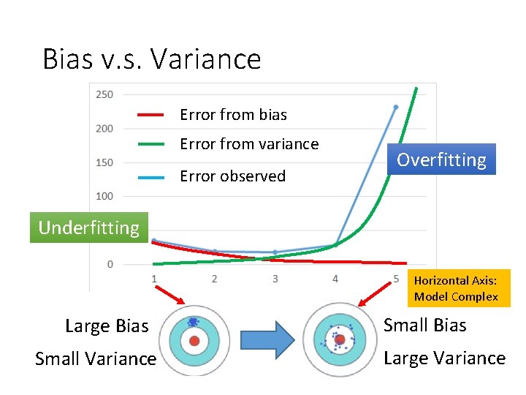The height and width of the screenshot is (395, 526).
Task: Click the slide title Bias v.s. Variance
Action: [152, 59]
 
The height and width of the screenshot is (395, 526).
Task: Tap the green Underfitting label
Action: [88, 227]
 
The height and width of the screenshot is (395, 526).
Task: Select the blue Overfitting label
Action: [441, 159]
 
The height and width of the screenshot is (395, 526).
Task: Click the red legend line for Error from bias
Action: [150, 115]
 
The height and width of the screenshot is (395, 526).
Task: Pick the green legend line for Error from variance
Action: [150, 144]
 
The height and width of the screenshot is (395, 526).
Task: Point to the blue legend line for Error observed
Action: [150, 176]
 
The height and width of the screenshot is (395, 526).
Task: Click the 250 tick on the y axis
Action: [104, 94]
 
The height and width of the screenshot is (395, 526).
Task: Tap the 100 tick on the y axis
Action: [104, 196]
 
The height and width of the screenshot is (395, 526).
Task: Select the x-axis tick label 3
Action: [275, 279]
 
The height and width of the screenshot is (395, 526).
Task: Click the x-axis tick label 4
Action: [335, 279]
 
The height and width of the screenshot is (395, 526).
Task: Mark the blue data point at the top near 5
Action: [396, 107]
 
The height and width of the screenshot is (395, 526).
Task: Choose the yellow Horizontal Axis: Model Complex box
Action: [456, 288]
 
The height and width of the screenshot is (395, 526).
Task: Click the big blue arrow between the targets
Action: [267, 340]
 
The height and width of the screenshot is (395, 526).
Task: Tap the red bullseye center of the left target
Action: [194, 342]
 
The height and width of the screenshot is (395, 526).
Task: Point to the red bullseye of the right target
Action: [340, 339]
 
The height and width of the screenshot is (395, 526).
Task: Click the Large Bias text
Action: [107, 326]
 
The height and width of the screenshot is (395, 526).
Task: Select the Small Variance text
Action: [96, 358]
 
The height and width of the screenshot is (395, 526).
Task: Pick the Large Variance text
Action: [444, 358]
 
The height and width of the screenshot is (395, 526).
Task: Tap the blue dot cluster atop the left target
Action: [193, 322]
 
